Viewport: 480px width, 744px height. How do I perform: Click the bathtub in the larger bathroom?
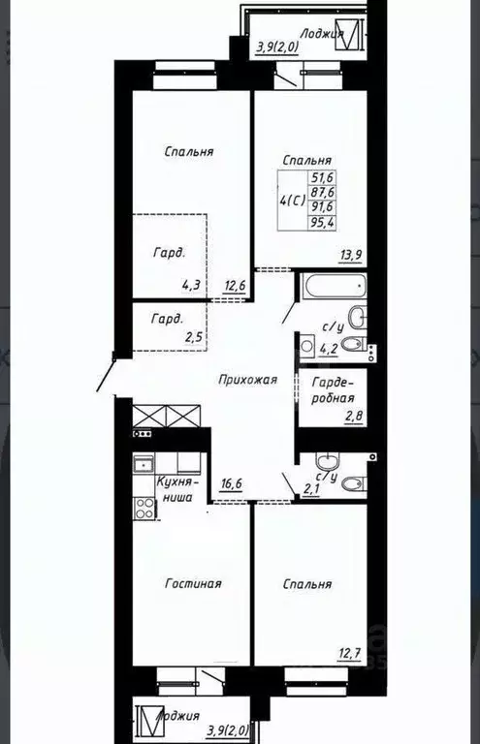point(334,286)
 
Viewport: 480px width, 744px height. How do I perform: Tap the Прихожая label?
point(248,380)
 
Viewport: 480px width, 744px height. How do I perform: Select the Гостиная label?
point(193,583)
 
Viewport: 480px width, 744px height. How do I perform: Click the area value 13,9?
point(350,255)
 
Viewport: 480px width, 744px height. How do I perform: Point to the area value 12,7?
point(350,654)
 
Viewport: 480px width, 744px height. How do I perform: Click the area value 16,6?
point(232,484)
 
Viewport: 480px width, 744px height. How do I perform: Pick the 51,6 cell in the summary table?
point(322,177)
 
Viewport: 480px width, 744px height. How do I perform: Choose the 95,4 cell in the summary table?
point(322,223)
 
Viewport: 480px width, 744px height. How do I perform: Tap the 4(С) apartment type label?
point(293,201)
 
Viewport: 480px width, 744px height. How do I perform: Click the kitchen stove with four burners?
point(144,509)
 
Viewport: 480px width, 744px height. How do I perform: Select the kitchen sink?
point(144,464)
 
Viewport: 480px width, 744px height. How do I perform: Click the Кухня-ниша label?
point(177,489)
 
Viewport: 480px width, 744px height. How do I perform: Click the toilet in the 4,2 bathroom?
point(354,344)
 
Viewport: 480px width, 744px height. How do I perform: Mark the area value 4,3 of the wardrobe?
point(191,286)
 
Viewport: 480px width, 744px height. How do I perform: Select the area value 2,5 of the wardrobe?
point(194,338)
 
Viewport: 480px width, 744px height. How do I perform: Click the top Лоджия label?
point(322,33)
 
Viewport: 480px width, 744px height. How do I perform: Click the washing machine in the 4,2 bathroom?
point(306,346)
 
